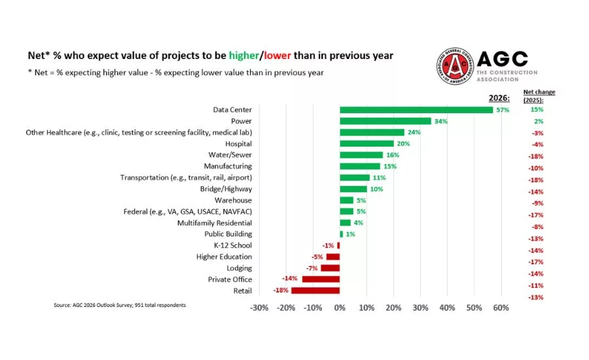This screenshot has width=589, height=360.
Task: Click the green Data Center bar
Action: click(416, 109)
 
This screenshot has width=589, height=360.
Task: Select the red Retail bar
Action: click(315, 291)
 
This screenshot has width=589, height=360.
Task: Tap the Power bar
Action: click(385, 121)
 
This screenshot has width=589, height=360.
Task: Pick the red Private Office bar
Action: click(321, 279)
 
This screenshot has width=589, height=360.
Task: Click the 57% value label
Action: click(503, 110)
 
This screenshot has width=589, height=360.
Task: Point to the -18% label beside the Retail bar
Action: click(281, 291)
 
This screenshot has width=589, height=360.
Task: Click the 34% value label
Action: click(440, 121)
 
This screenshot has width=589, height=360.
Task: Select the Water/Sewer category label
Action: click(228, 155)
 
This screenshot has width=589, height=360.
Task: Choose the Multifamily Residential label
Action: click(215, 223)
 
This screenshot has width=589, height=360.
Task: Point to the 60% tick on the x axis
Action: click(501, 308)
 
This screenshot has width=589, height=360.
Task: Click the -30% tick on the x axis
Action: click(260, 308)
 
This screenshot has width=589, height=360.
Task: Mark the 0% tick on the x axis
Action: click(340, 308)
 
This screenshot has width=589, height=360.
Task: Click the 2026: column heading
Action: click(500, 98)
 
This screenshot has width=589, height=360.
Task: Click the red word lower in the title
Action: click(277, 56)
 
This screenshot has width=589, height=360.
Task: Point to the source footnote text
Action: click(119, 305)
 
